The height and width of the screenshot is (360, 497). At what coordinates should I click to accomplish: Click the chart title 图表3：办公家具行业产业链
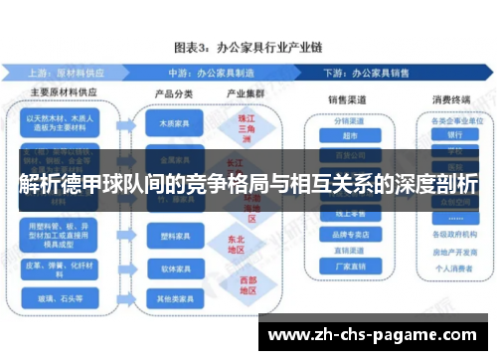[x=248, y=47]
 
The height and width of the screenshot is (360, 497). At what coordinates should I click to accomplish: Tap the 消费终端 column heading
[x=453, y=99]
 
